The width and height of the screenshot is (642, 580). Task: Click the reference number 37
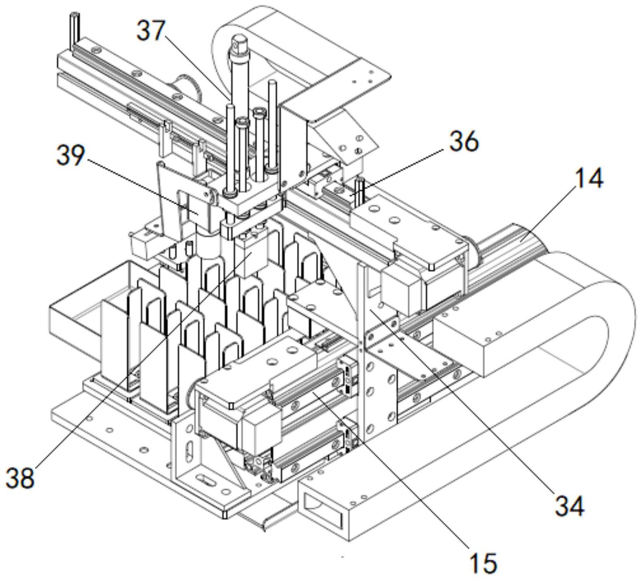(x=151, y=31)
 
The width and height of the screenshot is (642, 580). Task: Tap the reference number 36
(x=464, y=142)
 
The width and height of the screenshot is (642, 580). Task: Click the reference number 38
(x=20, y=477)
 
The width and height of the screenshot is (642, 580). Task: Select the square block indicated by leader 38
(x=252, y=254)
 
